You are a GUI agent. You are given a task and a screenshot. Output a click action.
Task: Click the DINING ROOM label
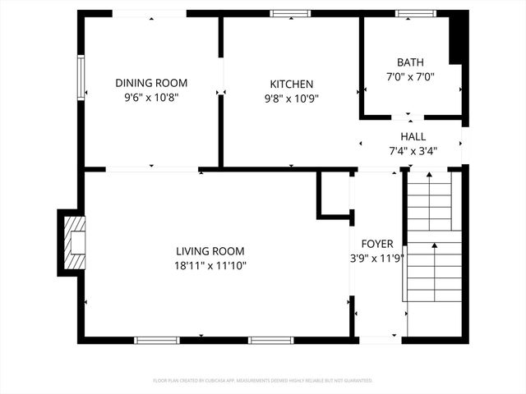[151, 83]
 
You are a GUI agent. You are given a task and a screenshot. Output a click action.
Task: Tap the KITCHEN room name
[292, 84]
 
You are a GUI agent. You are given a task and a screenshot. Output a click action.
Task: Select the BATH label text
[410, 62]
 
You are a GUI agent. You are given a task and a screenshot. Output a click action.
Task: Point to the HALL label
[413, 136]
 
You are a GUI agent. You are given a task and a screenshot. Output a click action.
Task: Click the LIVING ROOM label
[210, 251]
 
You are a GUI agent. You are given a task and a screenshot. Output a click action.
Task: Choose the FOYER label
[376, 244]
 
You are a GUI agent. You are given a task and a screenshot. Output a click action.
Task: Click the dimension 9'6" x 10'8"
[151, 97]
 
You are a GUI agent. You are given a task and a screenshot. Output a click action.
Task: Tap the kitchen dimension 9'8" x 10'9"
[292, 98]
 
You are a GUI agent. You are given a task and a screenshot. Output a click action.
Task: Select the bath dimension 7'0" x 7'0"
[410, 76]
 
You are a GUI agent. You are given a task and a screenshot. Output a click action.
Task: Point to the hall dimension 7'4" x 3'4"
[413, 150]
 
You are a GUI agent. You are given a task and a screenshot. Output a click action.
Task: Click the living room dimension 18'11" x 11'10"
[210, 265]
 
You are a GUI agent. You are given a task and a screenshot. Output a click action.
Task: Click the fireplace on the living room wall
[72, 242]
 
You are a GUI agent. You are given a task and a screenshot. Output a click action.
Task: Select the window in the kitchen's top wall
[291, 14]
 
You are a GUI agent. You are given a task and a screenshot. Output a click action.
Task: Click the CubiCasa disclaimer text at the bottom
[263, 381]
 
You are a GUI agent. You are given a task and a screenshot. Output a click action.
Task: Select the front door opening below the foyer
[378, 339]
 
